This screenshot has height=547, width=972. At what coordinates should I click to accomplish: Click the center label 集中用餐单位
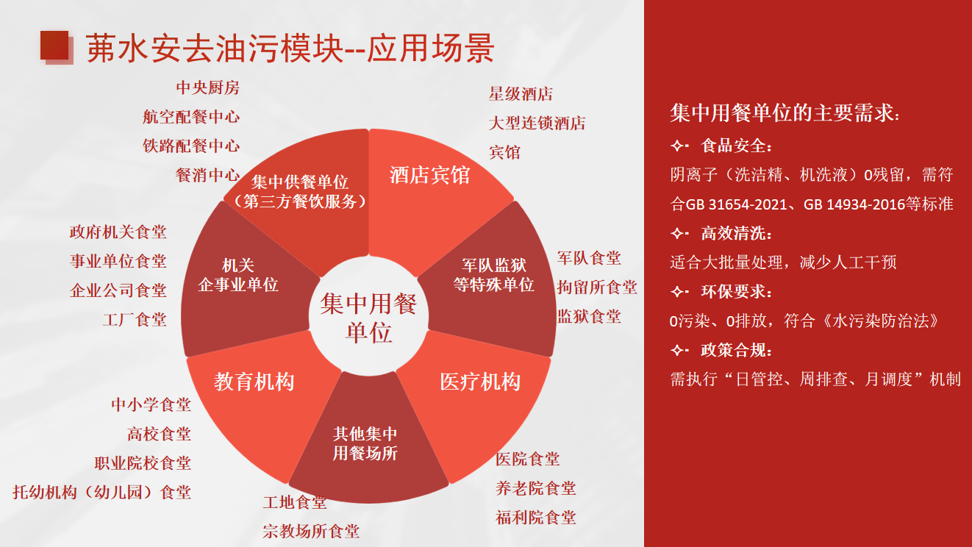click(x=368, y=318)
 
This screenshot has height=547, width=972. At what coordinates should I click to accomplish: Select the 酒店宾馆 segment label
click(x=429, y=175)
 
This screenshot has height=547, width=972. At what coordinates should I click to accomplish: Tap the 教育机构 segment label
click(x=254, y=382)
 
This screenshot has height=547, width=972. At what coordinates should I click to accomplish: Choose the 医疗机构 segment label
click(x=480, y=382)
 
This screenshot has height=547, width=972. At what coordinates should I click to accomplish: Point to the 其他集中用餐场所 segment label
click(x=365, y=443)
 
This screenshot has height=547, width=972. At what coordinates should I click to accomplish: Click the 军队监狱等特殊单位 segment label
click(x=494, y=275)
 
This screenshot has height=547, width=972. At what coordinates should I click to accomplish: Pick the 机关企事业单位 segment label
click(x=238, y=275)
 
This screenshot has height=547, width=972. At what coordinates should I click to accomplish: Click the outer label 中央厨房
click(x=208, y=87)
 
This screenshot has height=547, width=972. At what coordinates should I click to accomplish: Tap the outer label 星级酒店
click(x=521, y=93)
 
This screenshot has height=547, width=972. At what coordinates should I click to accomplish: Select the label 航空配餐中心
click(x=191, y=117)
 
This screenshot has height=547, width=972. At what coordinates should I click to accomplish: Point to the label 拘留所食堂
click(x=597, y=287)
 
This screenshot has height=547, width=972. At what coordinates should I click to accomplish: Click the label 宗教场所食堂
click(x=311, y=532)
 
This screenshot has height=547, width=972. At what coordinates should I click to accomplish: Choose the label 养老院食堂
click(x=536, y=488)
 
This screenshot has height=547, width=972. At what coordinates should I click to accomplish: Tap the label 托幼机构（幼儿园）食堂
click(x=102, y=493)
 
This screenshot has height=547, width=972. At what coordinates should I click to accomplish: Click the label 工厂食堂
click(x=135, y=320)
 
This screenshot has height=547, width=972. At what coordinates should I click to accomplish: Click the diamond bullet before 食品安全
click(x=678, y=146)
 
